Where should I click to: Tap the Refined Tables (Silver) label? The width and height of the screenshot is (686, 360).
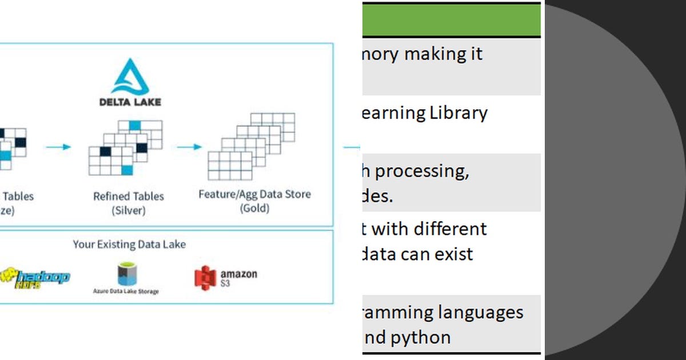(x=129, y=203)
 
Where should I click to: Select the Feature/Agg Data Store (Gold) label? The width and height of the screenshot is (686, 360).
(x=254, y=201)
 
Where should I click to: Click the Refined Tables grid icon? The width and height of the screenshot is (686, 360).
(x=125, y=147)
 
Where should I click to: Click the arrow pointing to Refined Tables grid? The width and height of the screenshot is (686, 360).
(x=58, y=147)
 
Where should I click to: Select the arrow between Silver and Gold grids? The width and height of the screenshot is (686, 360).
(x=189, y=147)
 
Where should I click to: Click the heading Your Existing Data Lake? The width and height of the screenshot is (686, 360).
(x=129, y=245)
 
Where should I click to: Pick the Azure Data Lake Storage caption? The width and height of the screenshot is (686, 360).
(x=126, y=291)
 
